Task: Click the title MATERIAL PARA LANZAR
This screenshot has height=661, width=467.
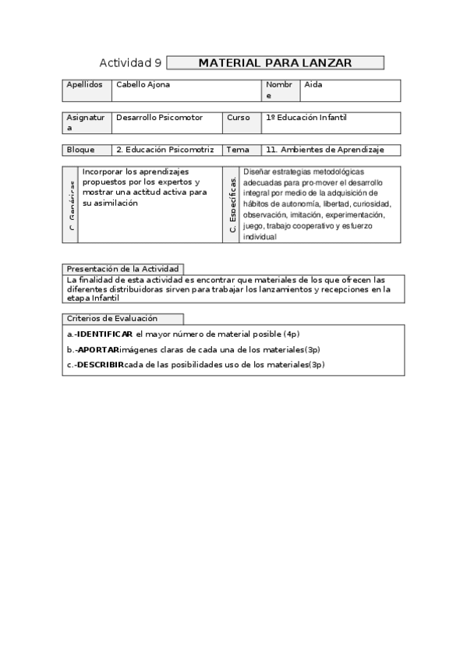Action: coord(275,62)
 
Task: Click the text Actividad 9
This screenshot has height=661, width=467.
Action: coord(131,62)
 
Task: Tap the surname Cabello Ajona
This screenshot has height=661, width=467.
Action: coord(143,84)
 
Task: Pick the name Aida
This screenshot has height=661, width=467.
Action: coord(313,84)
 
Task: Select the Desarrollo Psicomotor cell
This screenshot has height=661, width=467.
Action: coord(159,118)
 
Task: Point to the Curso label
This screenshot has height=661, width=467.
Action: coord(239,118)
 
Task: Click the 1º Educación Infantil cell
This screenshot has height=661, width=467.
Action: coord(306,118)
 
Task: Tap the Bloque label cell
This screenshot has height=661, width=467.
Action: coord(81,150)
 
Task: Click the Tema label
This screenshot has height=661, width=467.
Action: coord(238,150)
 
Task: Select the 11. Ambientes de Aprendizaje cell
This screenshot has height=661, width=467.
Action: coord(324,150)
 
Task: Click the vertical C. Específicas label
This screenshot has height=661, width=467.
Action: coord(232,205)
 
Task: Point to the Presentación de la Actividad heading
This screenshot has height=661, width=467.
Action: coord(123,268)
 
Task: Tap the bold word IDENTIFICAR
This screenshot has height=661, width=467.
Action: coord(104,334)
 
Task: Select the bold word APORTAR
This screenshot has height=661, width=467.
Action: coord(97,349)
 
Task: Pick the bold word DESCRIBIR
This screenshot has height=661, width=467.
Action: coord(100,364)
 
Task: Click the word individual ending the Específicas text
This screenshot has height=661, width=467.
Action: coord(260,236)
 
